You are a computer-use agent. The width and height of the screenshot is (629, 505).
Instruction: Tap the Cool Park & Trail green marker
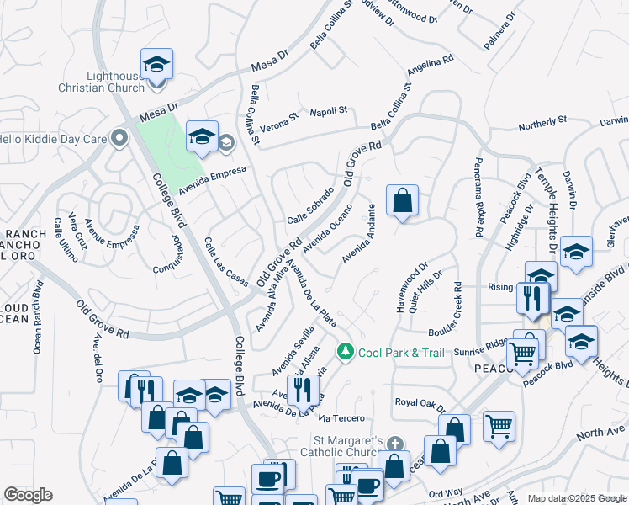[344, 352]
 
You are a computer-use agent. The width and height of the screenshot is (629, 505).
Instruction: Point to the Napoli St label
[329, 110]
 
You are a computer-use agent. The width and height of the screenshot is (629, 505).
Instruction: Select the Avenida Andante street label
[357, 231]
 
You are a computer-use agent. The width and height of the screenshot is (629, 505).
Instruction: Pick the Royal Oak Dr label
[418, 402]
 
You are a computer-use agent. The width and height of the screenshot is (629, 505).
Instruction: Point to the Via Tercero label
[341, 418]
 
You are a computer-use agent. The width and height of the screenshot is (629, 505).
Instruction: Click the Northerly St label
[542, 125]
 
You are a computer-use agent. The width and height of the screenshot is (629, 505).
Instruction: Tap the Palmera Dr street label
[499, 33]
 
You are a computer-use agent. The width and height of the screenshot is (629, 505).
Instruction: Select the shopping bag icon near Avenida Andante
[403, 201]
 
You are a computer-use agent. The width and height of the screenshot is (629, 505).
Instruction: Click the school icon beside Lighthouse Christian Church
[156, 64]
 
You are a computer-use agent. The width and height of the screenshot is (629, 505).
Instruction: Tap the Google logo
[29, 495]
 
